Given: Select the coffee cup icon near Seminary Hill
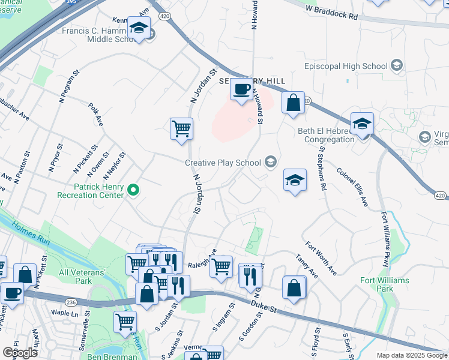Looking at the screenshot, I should pos(242,89).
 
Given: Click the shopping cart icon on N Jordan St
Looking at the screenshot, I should pos(181,128).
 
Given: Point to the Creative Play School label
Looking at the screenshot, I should pos(223,162).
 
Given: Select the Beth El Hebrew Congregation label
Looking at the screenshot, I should pos(327,135).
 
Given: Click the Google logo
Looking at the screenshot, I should pos(20,352).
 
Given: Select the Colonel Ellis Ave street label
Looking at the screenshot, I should pos(352,188).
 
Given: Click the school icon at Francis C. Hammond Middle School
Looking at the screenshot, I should pos(139,28).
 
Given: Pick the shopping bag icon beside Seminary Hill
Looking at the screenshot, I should pos(292,102).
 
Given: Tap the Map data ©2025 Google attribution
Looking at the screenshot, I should pos(411,355).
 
